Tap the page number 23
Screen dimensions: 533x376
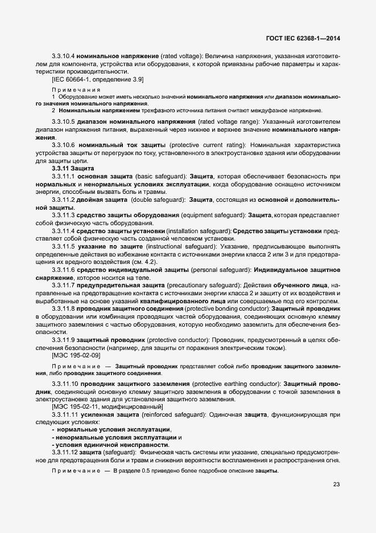click(x=336, y=486)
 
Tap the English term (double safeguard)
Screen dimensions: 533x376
click(x=155, y=200)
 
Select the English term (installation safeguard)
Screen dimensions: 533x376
click(x=196, y=230)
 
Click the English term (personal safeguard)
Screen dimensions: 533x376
click(x=200, y=268)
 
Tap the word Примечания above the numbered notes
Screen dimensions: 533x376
click(x=76, y=89)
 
